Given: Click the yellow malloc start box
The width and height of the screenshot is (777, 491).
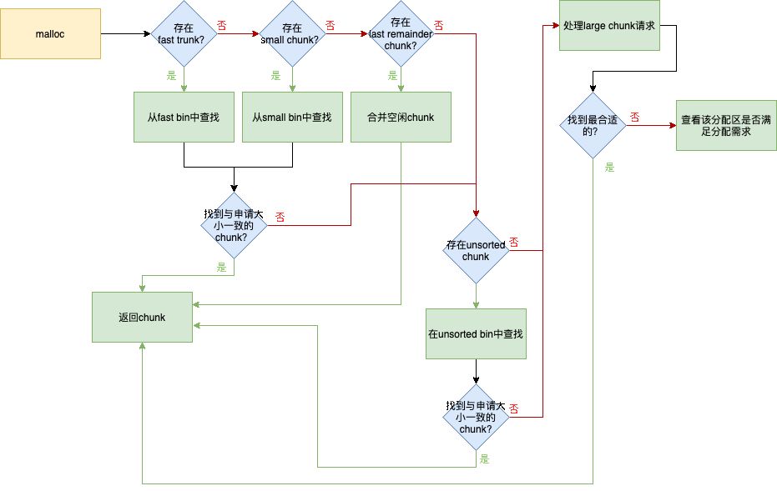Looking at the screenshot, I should coord(51,33).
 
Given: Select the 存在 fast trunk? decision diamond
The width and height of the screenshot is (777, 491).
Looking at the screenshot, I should coord(184,34).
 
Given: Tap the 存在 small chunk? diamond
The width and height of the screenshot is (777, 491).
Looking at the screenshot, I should coord(292,34).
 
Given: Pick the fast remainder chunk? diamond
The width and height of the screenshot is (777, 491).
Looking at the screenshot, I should coord(401,33).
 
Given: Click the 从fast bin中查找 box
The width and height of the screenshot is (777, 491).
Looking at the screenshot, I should coord(184,117).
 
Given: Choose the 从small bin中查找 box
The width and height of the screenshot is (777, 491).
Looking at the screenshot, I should coord(292,117).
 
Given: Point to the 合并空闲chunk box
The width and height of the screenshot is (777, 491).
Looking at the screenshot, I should coord(401,117).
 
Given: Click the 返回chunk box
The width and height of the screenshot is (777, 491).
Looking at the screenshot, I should coord(142,317).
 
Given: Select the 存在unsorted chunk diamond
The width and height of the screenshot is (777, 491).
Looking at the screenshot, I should coord(476,251).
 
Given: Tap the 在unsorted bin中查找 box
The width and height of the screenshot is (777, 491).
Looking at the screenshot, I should coord(476,333).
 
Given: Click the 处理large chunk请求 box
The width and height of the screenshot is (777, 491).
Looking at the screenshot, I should coord(609,26).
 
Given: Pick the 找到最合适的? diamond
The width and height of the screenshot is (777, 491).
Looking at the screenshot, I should coord(593,125).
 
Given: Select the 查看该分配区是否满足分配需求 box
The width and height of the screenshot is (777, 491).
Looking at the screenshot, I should coord(726,125).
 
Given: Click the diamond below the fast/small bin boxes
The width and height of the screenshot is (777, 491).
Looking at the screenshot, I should coord(234,225).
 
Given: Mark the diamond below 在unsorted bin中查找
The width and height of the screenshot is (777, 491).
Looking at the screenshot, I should coord(476,417).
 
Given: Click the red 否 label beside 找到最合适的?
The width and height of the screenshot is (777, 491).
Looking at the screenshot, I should coord(635,118).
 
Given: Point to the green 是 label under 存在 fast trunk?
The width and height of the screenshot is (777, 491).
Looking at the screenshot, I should coord(173,76).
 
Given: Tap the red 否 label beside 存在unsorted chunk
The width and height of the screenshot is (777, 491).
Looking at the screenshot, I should coord(514,243).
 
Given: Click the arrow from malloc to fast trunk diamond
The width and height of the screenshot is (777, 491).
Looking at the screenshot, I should coord(125,34).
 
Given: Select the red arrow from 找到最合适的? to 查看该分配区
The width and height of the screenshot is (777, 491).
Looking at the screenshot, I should coord(651,126).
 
